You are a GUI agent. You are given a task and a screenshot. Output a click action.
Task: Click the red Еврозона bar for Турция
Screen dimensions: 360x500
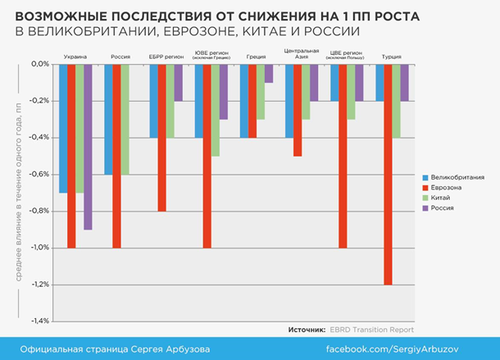[x=388, y=174]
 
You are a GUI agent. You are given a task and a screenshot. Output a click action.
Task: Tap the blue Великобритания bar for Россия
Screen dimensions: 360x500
[x=109, y=118]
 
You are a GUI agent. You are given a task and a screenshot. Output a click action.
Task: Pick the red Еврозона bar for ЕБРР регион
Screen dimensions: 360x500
[x=162, y=137]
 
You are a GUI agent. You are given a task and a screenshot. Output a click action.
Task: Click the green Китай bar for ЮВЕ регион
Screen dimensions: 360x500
[x=216, y=109]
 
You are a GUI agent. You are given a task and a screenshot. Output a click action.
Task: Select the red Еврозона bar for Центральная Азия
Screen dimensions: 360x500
[x=298, y=109]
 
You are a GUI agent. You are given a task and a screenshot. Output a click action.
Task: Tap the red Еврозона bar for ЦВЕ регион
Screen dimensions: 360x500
[x=343, y=155]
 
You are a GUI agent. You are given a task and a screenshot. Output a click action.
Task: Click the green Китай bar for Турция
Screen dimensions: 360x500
[x=396, y=100]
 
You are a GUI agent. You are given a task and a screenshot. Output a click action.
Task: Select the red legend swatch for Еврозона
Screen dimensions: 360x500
[x=425, y=188]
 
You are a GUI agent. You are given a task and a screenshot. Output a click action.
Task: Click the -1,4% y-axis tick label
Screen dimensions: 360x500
[x=39, y=321]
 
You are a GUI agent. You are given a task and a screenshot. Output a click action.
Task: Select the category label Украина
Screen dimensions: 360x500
[x=75, y=57]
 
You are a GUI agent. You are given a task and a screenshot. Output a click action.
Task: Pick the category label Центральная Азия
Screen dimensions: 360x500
[x=297, y=54]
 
